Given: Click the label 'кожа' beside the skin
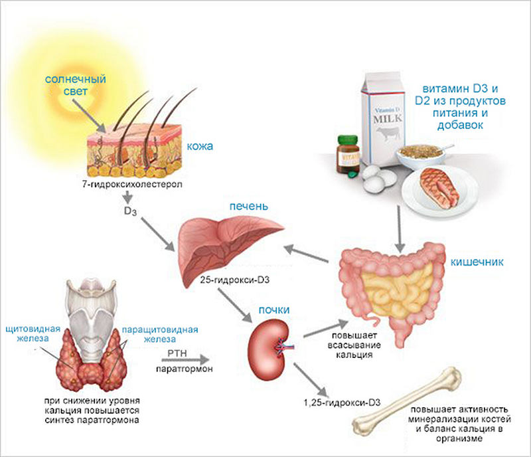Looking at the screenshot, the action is coord(200,146).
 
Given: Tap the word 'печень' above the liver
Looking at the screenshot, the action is coord(249,207).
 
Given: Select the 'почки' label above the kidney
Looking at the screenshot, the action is coord(274,310).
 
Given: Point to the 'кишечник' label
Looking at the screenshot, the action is coord(477,262).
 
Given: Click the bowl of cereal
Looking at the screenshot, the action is coord(420,156).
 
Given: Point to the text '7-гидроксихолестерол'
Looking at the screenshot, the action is coord(132,185).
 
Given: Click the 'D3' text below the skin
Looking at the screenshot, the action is coord(130,211).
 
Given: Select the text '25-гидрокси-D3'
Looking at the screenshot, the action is coord(235,280).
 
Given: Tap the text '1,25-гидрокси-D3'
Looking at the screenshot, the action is coord(342,403).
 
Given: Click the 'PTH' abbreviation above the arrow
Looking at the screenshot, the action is coord(177,353).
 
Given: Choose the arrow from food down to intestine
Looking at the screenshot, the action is coord(400,229).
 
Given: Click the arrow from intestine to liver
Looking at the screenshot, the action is coord(306,254).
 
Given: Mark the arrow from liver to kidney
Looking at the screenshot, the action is coord(235,305).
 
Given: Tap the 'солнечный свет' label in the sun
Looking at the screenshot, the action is coord(76,85).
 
